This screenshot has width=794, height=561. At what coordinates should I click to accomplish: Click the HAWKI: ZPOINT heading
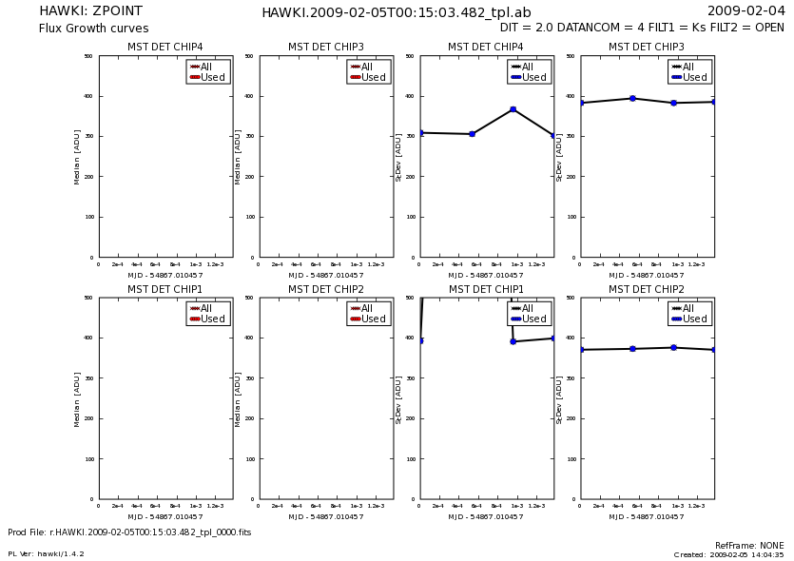[x=90, y=11]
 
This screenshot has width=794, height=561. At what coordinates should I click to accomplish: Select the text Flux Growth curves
[x=93, y=29]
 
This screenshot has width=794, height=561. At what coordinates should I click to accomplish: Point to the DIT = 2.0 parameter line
[x=642, y=29]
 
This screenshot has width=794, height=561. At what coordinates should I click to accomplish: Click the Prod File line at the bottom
[x=129, y=532]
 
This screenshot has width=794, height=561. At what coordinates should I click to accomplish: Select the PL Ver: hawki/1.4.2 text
[x=46, y=553]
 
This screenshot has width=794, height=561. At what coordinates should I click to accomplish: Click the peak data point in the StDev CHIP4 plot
[x=513, y=109]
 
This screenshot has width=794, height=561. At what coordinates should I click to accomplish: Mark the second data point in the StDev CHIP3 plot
[x=632, y=98]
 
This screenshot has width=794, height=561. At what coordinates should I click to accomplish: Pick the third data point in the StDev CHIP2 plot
[x=673, y=347]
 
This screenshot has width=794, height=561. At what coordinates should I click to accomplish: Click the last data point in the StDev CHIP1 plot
[x=553, y=338]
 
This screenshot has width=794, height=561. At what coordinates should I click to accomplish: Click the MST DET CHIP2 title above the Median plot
[x=326, y=289]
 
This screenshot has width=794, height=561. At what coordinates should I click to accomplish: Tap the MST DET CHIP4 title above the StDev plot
[x=486, y=47]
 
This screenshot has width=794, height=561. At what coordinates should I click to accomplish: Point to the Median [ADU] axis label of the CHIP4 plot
[x=77, y=157]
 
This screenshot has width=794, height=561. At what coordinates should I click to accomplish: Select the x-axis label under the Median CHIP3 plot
[x=325, y=276]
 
